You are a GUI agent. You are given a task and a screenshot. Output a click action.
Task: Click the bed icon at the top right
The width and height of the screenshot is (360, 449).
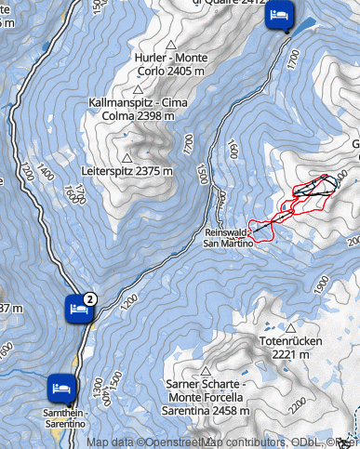[279, 16]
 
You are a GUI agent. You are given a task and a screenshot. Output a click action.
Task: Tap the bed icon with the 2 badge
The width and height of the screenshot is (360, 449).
[78, 308]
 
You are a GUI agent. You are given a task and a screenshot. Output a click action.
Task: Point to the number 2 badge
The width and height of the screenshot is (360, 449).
[89, 298]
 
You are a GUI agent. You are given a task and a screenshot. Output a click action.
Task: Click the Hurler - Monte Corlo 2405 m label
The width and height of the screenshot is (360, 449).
[171, 63]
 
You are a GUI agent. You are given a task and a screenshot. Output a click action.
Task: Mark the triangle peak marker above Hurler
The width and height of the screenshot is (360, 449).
[170, 45]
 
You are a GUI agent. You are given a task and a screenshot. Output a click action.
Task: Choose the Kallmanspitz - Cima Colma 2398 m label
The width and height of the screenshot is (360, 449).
[131, 110]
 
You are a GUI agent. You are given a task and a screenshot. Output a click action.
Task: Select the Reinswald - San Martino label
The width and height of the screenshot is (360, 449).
[228, 238]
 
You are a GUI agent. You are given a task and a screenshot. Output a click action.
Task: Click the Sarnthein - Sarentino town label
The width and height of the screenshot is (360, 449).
[65, 417]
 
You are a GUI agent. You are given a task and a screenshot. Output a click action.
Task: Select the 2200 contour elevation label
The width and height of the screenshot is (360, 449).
[298, 406]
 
